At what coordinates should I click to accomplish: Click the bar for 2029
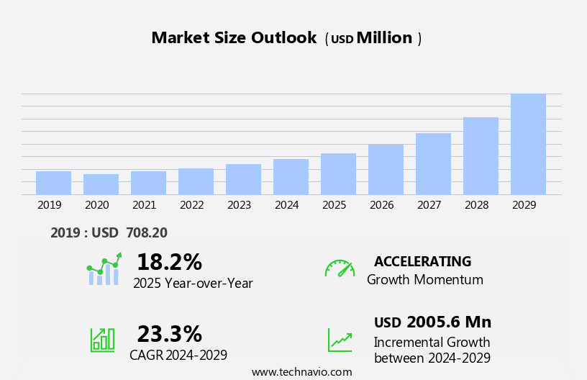528,144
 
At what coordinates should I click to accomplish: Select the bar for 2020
101,184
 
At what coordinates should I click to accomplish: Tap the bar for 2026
386,169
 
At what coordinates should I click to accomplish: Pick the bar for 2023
243,179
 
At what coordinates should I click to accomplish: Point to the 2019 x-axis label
49,205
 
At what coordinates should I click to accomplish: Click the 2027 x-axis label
429,205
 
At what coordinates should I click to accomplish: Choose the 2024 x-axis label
286,205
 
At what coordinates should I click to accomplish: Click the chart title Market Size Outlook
234,38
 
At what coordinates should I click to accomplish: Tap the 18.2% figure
169,262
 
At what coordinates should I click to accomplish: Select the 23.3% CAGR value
169,334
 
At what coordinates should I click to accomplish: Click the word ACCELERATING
422,261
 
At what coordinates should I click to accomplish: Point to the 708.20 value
146,232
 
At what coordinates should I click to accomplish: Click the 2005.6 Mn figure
448,322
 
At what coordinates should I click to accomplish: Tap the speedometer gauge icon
340,268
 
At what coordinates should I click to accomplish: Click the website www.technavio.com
301,372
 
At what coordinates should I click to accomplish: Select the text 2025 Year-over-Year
193,284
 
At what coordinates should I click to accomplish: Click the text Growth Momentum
424,280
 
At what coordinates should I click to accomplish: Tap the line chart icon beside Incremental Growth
340,340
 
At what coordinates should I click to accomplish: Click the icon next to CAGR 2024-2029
102,339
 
